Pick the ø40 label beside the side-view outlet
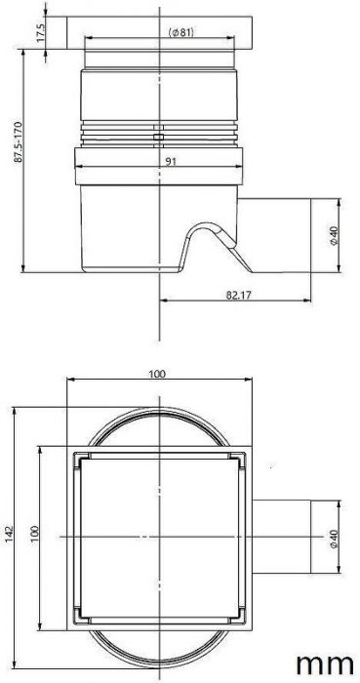point(334,235)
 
